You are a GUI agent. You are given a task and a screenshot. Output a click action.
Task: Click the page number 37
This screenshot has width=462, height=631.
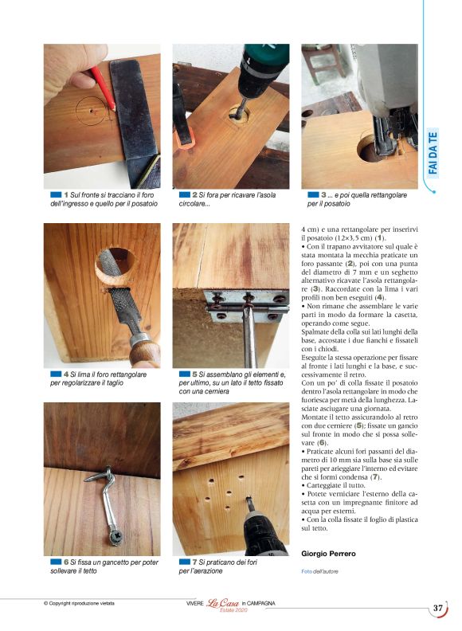point(438,608)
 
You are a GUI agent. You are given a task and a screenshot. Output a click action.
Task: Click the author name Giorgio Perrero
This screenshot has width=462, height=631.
point(328,553)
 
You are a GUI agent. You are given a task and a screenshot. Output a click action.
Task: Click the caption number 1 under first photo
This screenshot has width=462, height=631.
point(65,195)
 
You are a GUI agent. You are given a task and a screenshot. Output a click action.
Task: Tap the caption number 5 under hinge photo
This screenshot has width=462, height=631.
point(194,374)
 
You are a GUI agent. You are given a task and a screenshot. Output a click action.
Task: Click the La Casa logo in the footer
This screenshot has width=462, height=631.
point(224,604)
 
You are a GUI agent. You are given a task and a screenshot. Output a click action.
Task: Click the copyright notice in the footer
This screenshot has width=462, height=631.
point(79,603)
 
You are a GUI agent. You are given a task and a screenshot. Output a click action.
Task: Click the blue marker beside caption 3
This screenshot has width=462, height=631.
point(312,195)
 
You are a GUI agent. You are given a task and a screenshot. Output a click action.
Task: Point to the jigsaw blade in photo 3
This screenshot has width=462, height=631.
point(390,139)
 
